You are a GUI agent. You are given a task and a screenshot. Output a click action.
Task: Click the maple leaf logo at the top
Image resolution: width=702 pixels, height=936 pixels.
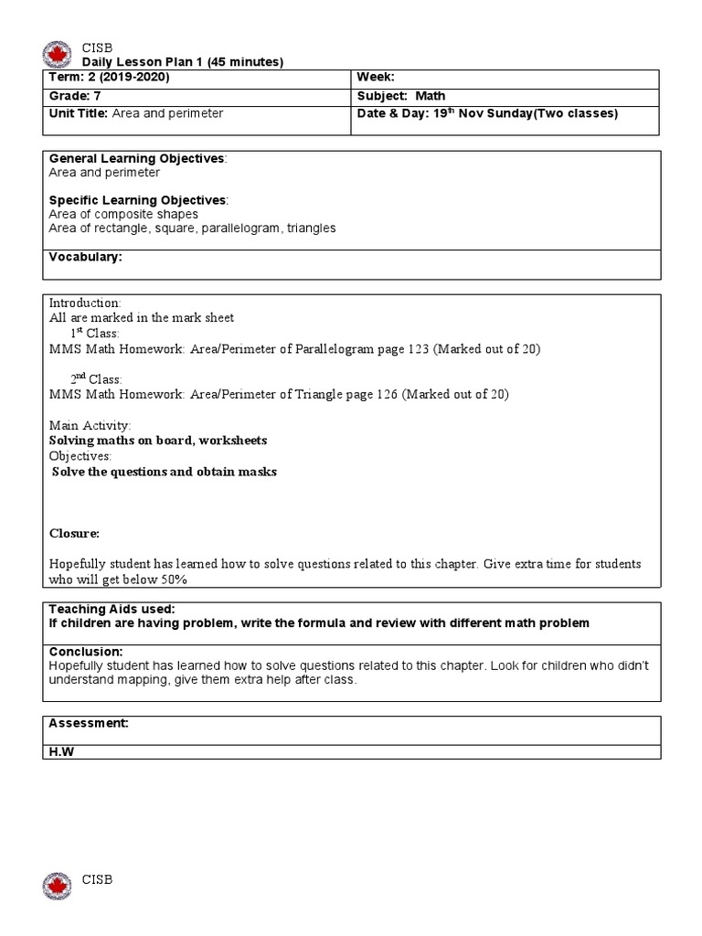click(57, 54)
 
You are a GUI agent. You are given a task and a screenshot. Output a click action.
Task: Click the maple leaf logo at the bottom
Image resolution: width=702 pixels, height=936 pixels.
click(57, 886)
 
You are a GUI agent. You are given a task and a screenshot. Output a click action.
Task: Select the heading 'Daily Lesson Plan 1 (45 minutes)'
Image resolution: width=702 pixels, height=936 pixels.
click(183, 62)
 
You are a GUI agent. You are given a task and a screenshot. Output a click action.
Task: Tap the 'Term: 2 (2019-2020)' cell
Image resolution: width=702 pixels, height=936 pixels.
click(109, 78)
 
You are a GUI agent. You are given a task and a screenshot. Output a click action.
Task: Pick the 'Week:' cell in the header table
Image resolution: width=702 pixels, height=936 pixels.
click(376, 78)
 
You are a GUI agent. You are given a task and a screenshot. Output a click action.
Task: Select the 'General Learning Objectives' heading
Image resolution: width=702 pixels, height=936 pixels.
click(136, 158)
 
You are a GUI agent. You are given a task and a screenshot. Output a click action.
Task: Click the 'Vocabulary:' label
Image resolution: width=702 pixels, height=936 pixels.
click(85, 258)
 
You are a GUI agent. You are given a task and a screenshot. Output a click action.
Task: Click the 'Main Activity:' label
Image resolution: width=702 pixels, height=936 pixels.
click(90, 426)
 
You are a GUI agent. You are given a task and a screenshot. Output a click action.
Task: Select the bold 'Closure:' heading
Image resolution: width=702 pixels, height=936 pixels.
click(74, 533)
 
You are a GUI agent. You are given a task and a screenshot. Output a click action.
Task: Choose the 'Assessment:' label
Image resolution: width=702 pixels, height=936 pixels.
click(88, 723)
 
